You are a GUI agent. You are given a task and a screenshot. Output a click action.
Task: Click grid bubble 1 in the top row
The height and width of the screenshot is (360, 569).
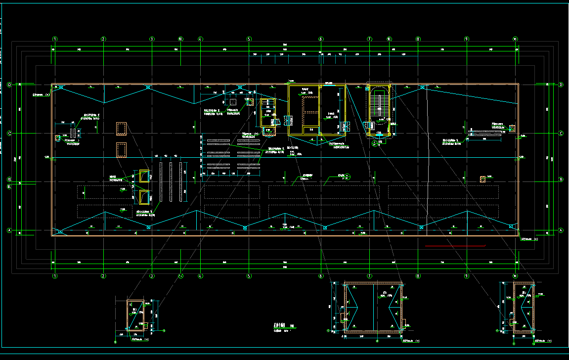[x=55, y=39]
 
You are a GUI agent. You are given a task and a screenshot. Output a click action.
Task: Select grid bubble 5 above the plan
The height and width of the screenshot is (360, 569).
[x=249, y=39]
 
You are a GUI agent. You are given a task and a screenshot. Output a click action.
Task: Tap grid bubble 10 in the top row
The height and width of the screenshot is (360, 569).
[x=515, y=39]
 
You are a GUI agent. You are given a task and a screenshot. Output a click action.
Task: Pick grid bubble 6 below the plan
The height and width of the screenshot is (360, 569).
[x=321, y=275]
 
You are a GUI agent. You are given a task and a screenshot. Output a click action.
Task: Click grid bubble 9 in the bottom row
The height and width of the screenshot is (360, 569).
[x=467, y=275]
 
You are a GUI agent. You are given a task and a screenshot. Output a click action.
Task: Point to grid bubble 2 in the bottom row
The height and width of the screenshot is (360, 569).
[x=103, y=275]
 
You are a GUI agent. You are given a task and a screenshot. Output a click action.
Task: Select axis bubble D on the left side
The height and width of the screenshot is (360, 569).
[x=9, y=85]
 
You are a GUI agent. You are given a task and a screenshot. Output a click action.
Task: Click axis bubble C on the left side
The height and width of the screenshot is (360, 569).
[x=9, y=133]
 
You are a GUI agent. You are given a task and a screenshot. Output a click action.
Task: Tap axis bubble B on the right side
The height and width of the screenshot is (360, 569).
[x=561, y=180]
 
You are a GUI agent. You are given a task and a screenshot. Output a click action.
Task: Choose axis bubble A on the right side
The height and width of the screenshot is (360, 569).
[x=561, y=230]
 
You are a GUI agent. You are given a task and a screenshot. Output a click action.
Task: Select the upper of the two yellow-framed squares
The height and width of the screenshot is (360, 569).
[x=144, y=176]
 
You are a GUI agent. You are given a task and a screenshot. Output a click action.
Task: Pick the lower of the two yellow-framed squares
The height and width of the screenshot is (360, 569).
[x=144, y=197]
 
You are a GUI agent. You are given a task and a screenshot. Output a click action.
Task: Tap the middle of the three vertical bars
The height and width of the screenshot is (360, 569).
[x=171, y=181]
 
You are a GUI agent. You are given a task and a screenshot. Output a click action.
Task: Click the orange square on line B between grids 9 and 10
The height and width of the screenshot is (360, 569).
[x=483, y=180]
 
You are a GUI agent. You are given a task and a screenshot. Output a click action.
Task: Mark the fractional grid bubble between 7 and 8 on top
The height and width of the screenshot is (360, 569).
[x=389, y=39]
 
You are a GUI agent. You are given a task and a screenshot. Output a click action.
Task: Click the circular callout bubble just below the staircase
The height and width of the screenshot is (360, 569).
[x=374, y=143]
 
